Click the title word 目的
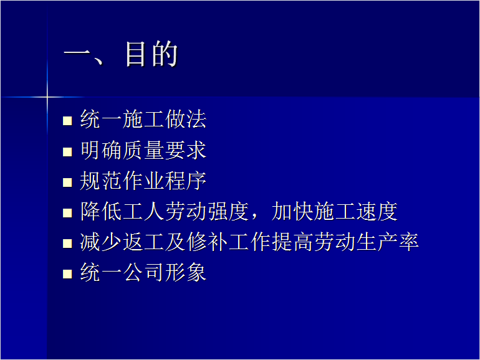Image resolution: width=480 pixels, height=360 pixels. coord(151,54)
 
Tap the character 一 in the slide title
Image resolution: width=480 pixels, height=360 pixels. coord(76,55)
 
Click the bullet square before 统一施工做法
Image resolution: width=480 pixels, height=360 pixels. coord(67,121)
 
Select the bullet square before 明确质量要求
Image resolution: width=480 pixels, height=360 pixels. coord(67,152)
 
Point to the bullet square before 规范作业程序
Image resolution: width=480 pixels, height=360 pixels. coord(67,182)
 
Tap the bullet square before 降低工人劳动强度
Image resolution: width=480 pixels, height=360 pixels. coord(67,213)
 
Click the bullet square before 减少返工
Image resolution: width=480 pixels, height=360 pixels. coord(67,244)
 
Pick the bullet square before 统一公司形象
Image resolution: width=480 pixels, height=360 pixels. coord(67,274)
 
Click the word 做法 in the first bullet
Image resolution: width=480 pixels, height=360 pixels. coord(186,119)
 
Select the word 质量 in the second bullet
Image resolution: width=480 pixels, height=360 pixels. coord(143,150)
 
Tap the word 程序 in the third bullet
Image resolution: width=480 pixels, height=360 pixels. coord(186,181)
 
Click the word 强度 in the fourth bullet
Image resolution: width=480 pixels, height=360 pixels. coord(228,211)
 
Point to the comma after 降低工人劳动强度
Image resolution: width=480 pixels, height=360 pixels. coord(254,217)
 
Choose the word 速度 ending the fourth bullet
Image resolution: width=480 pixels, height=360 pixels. coord(377,211)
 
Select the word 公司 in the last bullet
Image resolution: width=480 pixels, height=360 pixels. coord(143,273)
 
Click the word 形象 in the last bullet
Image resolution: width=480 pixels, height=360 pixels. coord(186,273)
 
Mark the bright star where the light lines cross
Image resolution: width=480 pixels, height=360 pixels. coord(47,97)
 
